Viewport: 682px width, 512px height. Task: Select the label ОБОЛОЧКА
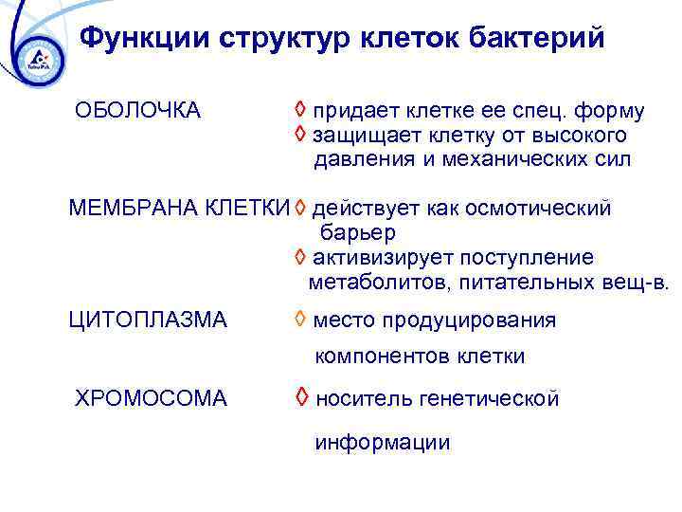click(x=137, y=111)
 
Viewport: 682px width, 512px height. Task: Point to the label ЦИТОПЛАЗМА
click(x=148, y=320)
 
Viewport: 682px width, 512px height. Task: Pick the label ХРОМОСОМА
click(x=151, y=398)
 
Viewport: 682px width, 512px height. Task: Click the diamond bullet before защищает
click(x=299, y=136)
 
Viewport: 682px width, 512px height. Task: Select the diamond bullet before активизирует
click(x=299, y=258)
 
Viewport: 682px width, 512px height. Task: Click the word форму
click(x=613, y=112)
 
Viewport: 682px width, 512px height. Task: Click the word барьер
click(x=358, y=233)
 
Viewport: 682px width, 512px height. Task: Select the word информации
click(x=383, y=443)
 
